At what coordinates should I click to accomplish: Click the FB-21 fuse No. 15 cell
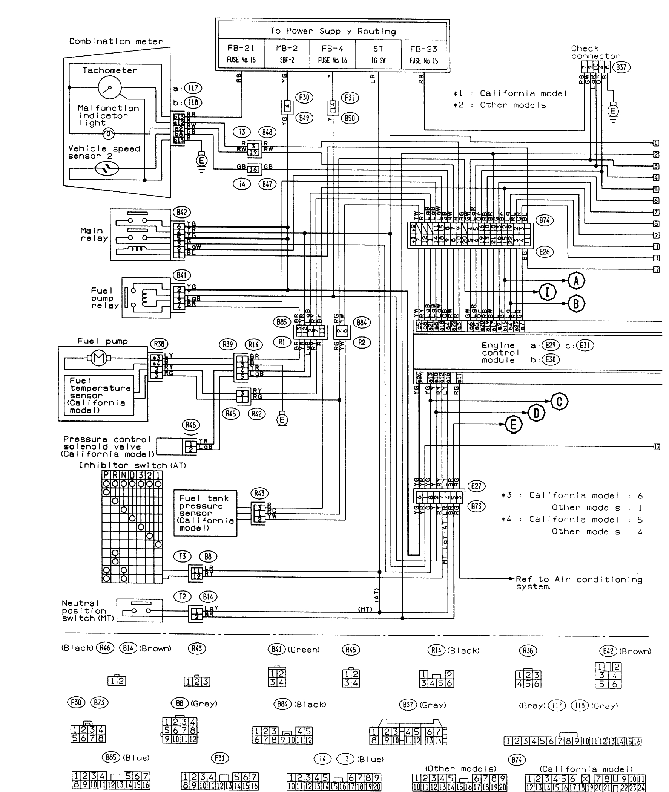pos(241,54)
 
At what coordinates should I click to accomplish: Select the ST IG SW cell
pos(378,54)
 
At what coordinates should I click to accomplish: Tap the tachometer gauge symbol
pos(110,87)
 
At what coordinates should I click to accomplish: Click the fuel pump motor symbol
pos(98,357)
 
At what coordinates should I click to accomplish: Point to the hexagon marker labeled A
pos(576,281)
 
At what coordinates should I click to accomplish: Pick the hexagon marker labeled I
pos(547,292)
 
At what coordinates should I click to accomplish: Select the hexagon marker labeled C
pos(559,401)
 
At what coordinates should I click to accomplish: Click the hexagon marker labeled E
pos(514,425)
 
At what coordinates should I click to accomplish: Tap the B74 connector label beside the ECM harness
pos(544,220)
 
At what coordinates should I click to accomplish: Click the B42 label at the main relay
pos(181,212)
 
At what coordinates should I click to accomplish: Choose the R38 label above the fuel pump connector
pos(159,344)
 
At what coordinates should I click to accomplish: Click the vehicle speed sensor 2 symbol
pos(107,169)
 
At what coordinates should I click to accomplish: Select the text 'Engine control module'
pos(498,352)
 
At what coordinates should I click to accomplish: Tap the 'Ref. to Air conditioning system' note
pos(578,583)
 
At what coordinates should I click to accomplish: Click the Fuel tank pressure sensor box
pos(205,513)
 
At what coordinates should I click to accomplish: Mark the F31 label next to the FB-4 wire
pos(350,98)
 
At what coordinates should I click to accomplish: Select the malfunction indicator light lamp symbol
pos(109,133)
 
